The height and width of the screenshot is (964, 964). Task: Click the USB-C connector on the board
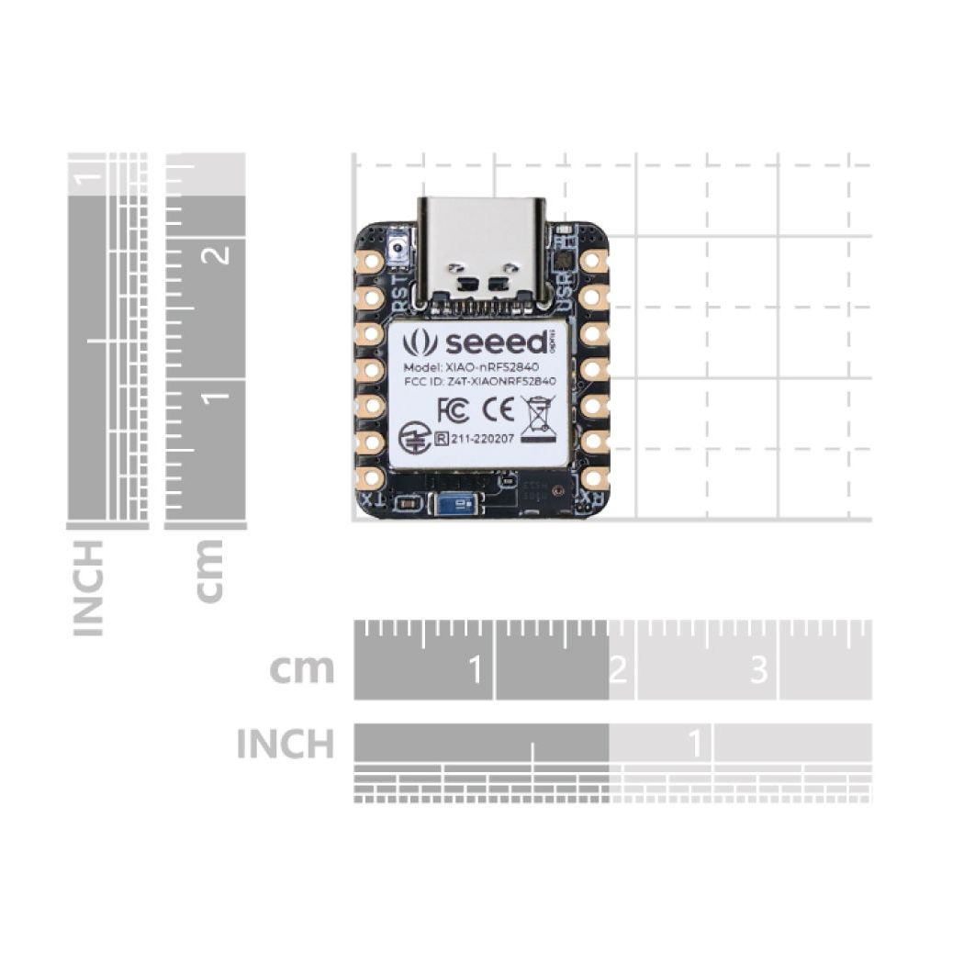(x=481, y=248)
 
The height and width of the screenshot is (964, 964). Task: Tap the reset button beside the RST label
(x=398, y=247)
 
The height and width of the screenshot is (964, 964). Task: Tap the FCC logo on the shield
(x=453, y=408)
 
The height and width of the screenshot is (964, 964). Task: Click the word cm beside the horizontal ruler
(x=301, y=669)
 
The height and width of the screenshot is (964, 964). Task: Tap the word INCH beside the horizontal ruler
(x=285, y=744)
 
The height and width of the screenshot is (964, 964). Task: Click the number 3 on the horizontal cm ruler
(x=758, y=671)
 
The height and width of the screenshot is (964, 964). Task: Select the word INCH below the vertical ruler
(x=88, y=588)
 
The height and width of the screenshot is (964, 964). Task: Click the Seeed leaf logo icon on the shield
(x=420, y=343)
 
